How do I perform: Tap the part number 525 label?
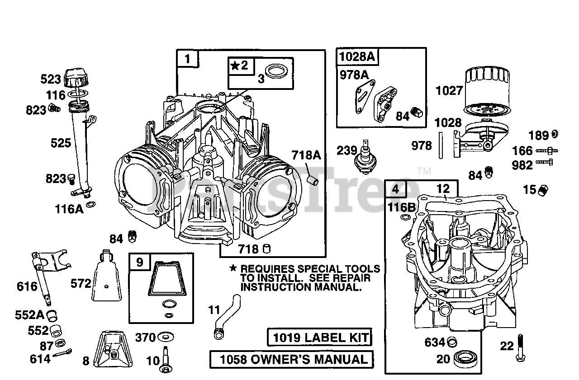[61, 143]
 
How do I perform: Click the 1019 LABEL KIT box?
[319, 337]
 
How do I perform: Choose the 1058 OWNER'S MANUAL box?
[292, 360]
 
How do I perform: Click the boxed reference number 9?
[139, 262]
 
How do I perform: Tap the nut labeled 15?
[544, 190]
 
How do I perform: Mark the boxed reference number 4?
[395, 189]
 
